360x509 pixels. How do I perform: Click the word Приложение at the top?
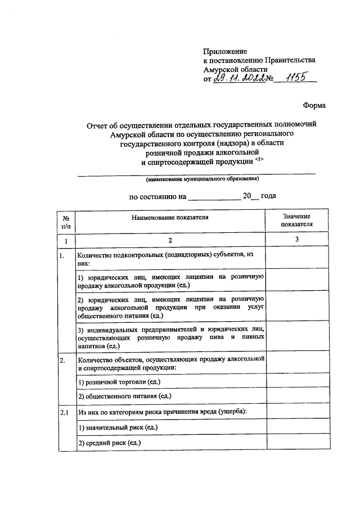coord(225,51)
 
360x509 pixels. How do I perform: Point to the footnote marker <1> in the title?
coord(259,159)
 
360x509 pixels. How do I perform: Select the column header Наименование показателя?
coord(170,217)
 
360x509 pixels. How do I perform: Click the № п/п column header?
coord(66,220)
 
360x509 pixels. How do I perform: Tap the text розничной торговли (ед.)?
coord(119,382)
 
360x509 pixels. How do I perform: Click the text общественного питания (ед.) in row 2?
coord(124,397)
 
